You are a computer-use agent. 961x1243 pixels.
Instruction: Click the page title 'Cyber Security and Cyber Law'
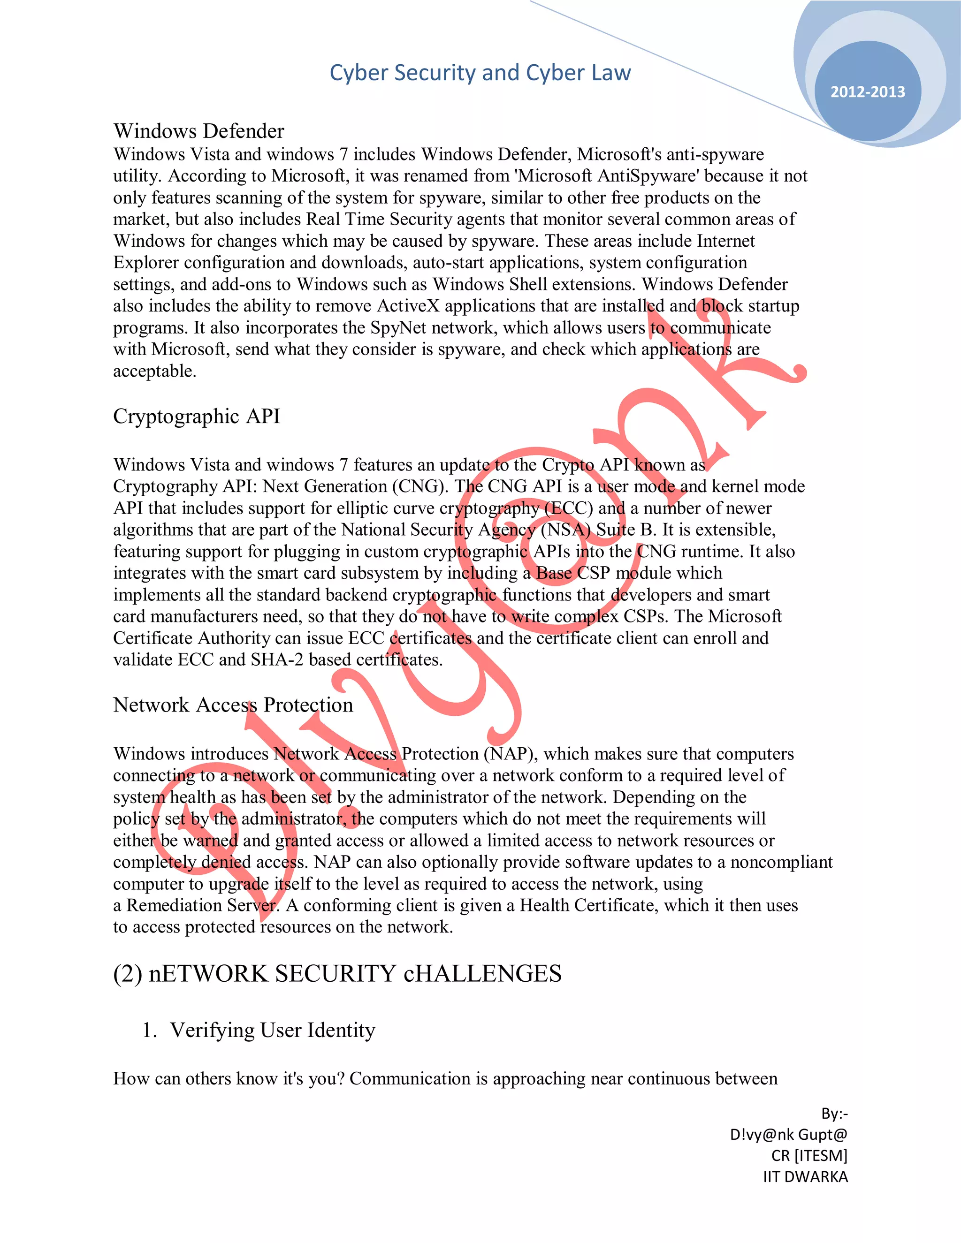pos(480,73)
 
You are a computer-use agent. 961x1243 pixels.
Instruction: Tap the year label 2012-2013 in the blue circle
pos(867,91)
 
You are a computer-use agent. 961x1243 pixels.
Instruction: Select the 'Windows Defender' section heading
pos(198,131)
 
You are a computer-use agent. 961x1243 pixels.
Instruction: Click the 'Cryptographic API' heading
pos(197,416)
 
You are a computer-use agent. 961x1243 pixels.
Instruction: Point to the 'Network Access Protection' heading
pos(233,705)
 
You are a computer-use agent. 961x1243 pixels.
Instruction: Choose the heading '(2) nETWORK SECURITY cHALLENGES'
pos(337,973)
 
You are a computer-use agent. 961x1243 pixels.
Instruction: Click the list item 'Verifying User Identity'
pos(272,1030)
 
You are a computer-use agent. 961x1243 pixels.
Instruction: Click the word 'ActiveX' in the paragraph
pos(408,306)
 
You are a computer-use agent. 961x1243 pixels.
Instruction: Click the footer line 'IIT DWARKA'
pos(805,1176)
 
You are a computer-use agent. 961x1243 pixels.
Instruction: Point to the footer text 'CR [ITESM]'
pos(809,1155)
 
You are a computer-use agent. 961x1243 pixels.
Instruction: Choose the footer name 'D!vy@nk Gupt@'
pos(788,1134)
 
